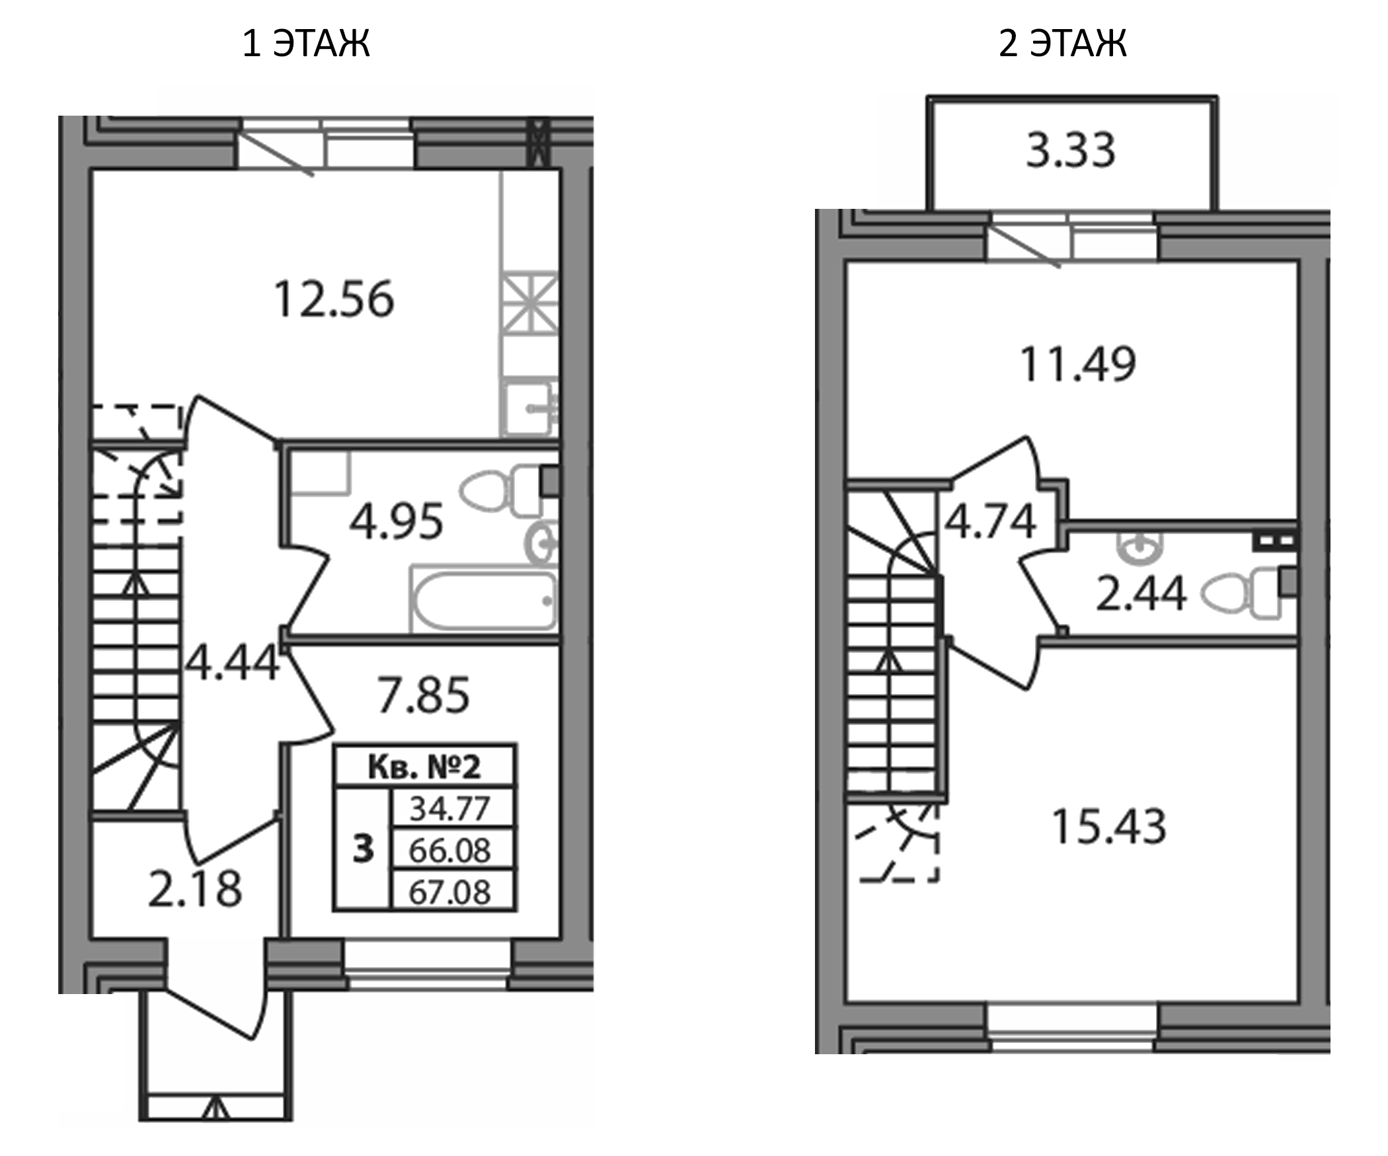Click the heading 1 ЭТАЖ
click(x=305, y=44)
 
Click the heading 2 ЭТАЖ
click(x=1062, y=44)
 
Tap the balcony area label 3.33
click(x=1071, y=151)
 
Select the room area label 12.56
click(x=334, y=299)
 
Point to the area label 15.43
click(x=1108, y=827)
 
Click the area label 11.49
click(x=1077, y=364)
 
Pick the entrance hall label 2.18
click(x=195, y=890)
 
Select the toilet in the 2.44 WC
click(x=1243, y=594)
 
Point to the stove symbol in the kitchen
click(x=529, y=303)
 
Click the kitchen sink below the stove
click(x=529, y=408)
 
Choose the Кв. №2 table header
click(x=424, y=767)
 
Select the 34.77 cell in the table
click(x=450, y=808)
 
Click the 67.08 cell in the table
click(x=450, y=892)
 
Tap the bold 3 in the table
click(x=363, y=849)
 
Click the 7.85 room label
click(x=424, y=695)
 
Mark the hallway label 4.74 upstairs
click(x=989, y=522)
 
